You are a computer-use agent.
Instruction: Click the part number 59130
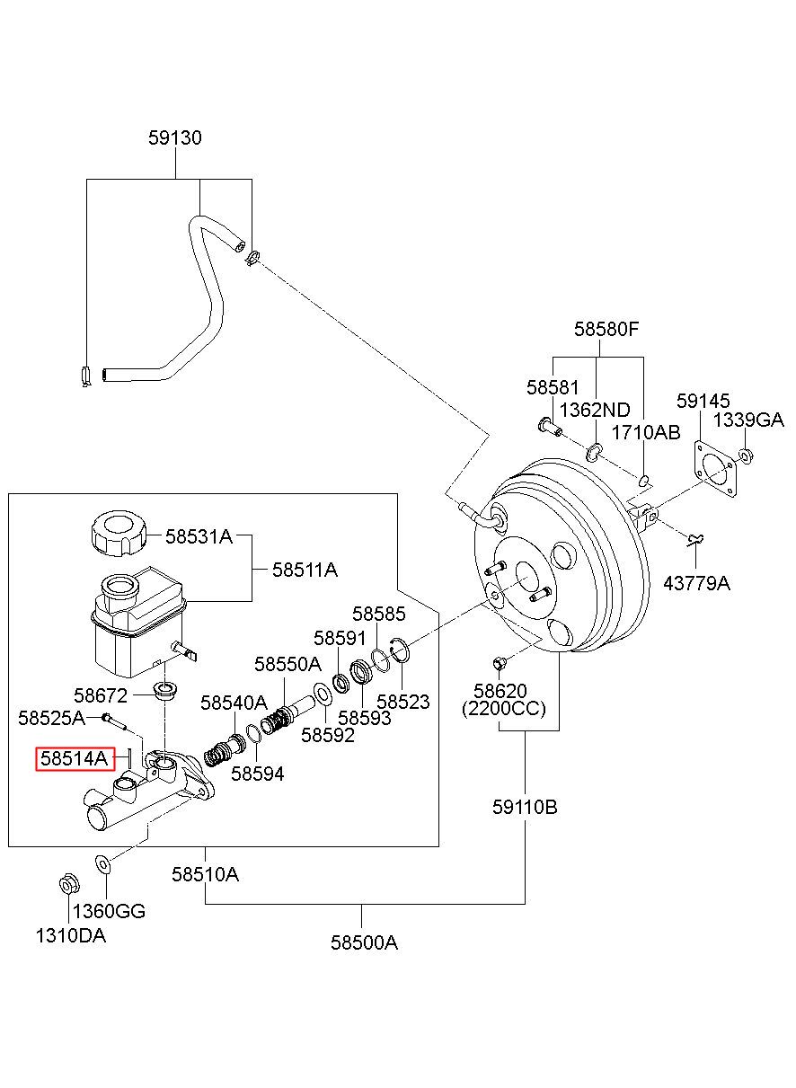point(175,138)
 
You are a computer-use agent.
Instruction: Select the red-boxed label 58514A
point(75,758)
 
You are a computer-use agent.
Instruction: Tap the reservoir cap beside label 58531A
point(119,538)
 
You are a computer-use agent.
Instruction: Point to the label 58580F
point(606,330)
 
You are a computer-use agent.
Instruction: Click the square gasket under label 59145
point(714,468)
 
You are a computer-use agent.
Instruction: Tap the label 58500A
point(364,942)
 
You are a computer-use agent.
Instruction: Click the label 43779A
point(696,583)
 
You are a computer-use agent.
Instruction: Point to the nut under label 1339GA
point(746,456)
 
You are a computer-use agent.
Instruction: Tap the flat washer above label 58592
point(323,693)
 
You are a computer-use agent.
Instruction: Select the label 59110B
point(525,808)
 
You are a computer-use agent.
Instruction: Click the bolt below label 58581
point(550,426)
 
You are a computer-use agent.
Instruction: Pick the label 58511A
point(305,570)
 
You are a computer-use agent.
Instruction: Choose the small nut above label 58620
point(499,663)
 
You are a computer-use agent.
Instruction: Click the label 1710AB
point(646,432)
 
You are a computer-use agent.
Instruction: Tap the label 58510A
point(205,875)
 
